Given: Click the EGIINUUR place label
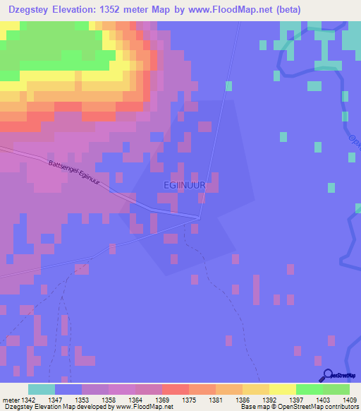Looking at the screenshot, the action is [184, 185].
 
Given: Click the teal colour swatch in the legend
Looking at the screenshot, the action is [42, 389].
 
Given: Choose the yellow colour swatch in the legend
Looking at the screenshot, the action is [282, 389].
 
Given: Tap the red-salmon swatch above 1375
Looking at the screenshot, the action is [175, 389].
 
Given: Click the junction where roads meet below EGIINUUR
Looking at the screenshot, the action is [200, 218].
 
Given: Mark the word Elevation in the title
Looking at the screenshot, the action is [75, 10].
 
